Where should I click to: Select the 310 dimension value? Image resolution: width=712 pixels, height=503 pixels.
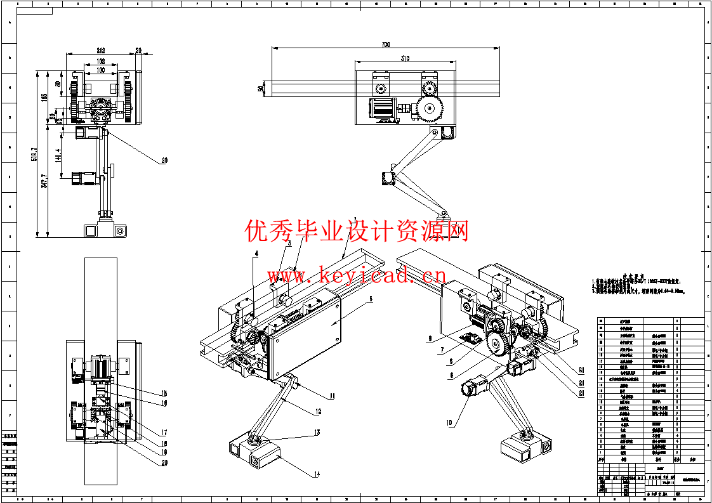(405, 58)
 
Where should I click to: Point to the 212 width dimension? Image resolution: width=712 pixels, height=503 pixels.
(100, 50)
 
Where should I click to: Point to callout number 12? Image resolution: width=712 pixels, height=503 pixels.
(317, 412)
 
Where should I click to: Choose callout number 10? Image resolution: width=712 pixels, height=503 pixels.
(450, 422)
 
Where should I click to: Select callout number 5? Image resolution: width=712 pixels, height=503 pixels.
(371, 298)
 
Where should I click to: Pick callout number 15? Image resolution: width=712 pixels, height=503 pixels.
(163, 393)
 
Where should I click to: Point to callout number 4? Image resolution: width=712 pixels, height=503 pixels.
(256, 254)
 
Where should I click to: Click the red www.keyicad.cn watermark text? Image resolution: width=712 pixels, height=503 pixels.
(356, 277)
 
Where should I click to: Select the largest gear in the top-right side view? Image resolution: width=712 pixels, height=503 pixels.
(430, 110)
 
